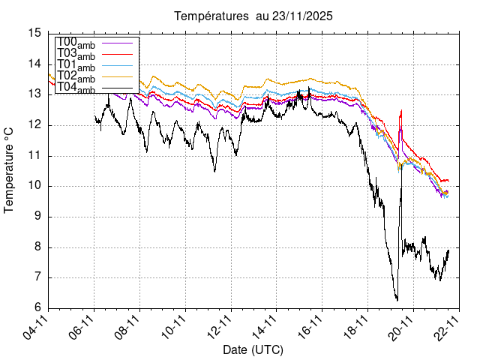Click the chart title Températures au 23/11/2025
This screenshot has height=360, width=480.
253,16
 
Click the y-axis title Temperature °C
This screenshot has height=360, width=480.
10,170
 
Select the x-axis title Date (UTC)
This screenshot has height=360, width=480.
253,349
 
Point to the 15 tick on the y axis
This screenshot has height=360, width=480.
34,33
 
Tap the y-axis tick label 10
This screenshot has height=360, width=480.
34,186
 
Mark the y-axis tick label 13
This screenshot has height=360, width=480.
34,94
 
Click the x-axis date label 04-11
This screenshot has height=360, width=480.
37,328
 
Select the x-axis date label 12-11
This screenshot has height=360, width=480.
219,328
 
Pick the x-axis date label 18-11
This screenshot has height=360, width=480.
356,328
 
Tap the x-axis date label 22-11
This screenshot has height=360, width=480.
447,328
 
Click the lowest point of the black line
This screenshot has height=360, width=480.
397,300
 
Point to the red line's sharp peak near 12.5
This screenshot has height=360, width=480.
401,111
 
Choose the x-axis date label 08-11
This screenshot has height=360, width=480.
128,328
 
